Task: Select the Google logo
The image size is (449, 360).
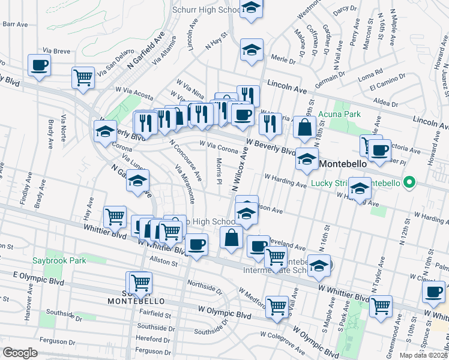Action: [x=20, y=353]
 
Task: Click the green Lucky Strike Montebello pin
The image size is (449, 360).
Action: [x=409, y=182]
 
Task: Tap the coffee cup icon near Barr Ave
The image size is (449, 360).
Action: [x=40, y=65]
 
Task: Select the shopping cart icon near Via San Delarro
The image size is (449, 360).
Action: [x=83, y=77]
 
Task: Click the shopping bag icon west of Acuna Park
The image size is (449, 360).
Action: [x=305, y=127]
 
